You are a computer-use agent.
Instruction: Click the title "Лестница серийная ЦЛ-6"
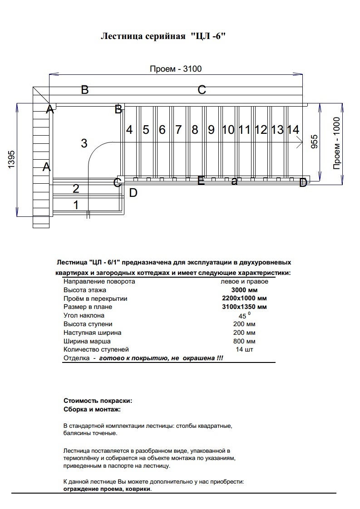tap(163, 36)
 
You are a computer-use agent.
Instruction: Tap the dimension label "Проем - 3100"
tap(176, 69)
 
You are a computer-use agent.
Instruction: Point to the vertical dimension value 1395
tap(12, 160)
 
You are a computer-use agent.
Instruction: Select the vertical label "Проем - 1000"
tap(336, 143)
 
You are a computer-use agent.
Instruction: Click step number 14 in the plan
tap(293, 130)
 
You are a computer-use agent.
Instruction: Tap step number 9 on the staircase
tap(211, 130)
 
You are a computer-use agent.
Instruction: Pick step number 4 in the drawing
tap(129, 130)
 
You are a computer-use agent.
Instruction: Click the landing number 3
tap(84, 143)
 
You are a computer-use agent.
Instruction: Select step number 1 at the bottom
tap(76, 205)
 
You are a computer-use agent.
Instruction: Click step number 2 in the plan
tap(76, 188)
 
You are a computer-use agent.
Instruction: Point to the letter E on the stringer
tap(201, 181)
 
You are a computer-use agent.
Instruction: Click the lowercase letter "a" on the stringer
tap(234, 181)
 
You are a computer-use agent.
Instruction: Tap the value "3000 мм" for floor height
tap(244, 290)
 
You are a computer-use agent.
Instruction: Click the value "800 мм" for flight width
tap(244, 341)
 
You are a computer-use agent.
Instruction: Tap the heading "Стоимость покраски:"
tap(98, 401)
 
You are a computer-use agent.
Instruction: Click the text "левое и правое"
tap(244, 281)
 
